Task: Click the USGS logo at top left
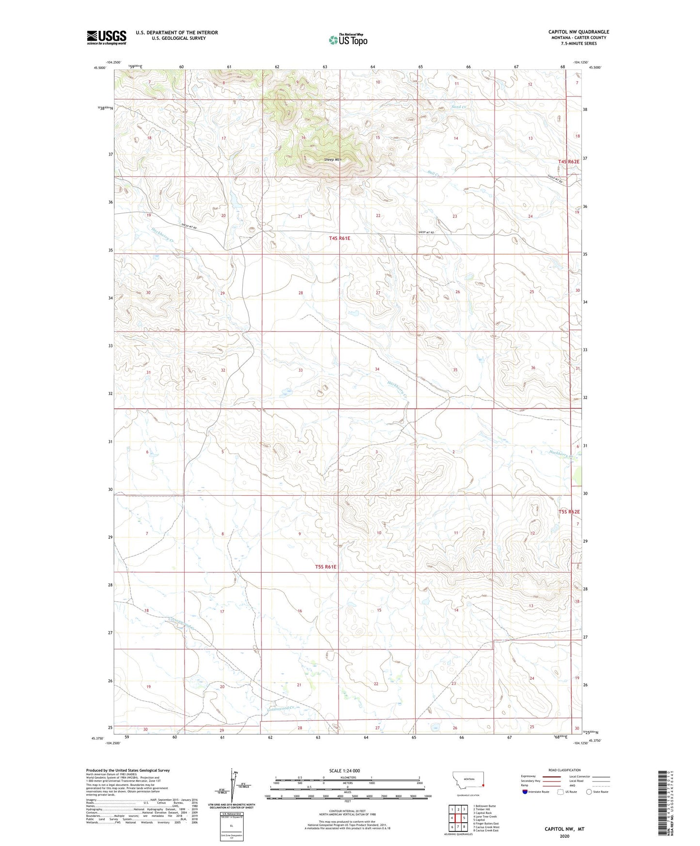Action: coord(107,37)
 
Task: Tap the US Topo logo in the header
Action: coord(348,40)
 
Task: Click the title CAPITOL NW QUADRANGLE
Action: coord(578,32)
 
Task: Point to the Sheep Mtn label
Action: coord(333,159)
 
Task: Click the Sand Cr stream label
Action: coord(458,107)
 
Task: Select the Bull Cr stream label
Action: coord(435,173)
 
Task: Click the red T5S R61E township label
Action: coord(326,566)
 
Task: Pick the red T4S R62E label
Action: coord(568,161)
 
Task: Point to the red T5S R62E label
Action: coord(569,512)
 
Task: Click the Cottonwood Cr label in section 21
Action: coord(281,709)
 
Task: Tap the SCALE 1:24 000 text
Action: coord(344,770)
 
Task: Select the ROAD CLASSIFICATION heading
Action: coord(564,770)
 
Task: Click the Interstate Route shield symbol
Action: coord(526,792)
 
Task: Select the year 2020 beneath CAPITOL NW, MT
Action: coord(564,836)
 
